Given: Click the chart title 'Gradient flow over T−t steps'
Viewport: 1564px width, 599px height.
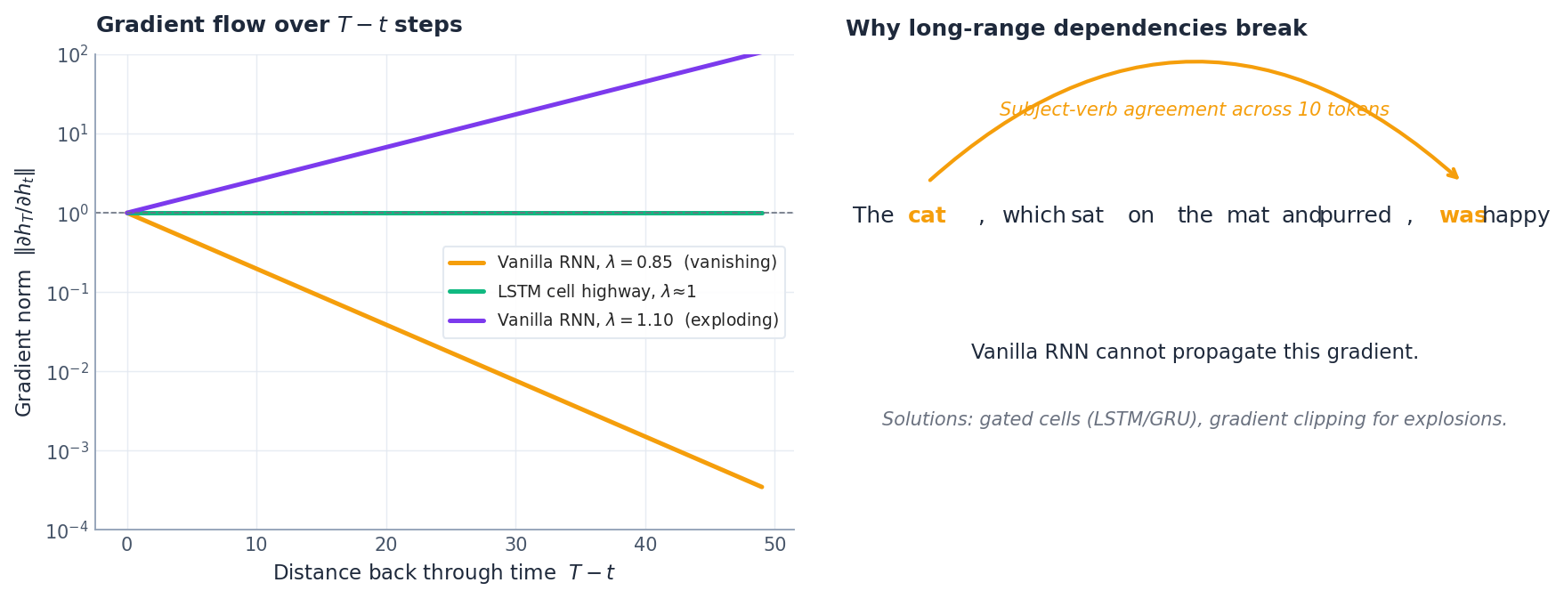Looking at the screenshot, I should coord(279,25).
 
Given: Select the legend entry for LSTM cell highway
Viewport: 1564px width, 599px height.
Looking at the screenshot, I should coord(596,292).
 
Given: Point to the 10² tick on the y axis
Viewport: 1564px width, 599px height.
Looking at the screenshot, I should coord(72,56).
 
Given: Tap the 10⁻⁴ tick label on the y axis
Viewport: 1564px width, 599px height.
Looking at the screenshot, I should coord(67,531).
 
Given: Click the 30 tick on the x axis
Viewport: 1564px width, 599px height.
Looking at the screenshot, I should coord(516,545).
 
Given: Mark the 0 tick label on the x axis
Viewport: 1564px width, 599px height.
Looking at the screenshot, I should coord(127,545).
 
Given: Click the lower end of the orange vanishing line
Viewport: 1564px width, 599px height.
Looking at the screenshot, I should coord(762,487).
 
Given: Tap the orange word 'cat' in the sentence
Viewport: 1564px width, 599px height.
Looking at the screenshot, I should coord(926,216).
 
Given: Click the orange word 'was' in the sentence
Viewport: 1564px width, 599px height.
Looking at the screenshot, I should coord(1461,216).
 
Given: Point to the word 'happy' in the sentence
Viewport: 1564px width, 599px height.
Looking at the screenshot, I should coord(1516,216).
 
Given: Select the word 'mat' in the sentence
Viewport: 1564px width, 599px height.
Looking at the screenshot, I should coord(1247,216).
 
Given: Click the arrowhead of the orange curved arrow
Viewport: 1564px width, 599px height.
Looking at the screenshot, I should coord(1455,175).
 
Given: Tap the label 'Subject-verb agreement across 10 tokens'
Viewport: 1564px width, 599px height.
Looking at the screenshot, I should coord(1194,110).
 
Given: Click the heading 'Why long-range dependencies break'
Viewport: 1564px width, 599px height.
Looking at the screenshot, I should coord(1075,28).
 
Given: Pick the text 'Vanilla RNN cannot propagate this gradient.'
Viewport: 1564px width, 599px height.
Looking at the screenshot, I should coord(1194,352).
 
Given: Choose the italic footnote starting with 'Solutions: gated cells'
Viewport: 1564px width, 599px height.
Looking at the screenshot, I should coord(1194,419).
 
